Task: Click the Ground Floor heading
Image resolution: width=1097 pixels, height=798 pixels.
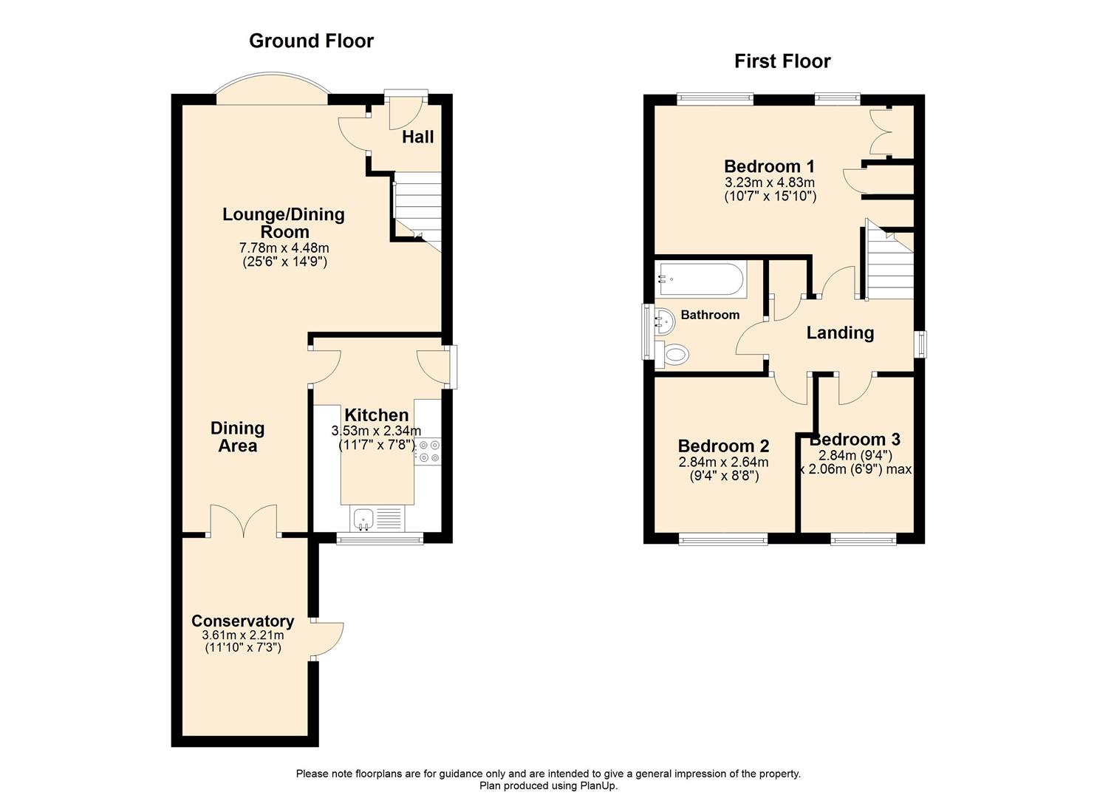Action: point(311,41)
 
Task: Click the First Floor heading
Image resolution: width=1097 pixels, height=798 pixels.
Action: point(782,61)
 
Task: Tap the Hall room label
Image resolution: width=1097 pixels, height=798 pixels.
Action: point(417,137)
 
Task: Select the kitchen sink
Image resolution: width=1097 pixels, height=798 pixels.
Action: point(364,519)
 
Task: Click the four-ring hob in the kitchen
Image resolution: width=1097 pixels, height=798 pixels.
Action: point(428,451)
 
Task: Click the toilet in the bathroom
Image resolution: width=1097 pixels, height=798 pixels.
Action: point(674,355)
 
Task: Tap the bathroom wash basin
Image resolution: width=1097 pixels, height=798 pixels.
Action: point(663,322)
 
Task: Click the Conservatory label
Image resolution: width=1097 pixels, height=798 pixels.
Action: point(242,621)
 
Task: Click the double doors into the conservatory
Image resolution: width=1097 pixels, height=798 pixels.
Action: point(244,522)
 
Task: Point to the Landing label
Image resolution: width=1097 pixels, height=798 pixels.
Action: point(840,333)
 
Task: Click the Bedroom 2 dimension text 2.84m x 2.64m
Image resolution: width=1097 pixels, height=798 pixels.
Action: point(723,463)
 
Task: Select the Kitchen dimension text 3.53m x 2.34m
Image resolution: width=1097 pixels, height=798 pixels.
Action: point(376,431)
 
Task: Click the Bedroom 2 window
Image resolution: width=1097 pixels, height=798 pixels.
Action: point(722,540)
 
